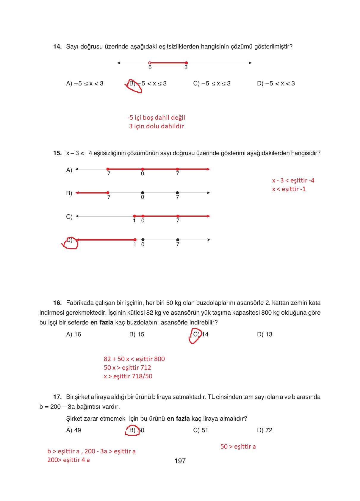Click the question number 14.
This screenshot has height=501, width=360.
pos(57,46)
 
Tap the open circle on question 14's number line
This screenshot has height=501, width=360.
pos(150,63)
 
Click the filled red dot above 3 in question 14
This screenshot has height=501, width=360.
pos(186,63)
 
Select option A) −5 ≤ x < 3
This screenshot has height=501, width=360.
pos(84,84)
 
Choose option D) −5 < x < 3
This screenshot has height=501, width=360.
pos(276,84)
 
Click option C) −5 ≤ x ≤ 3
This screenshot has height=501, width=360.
pos(212,84)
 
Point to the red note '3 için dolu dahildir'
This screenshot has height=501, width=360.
pos(156,126)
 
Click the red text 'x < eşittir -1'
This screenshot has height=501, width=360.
pos(289,189)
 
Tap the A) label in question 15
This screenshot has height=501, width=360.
pos(69,170)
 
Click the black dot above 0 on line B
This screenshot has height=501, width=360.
pos(143,193)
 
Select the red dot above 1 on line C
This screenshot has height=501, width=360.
pos(134,216)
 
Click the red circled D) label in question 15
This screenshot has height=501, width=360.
pos(70,241)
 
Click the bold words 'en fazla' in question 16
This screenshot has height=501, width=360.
pos(102,322)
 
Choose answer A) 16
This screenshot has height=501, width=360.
pos(73,334)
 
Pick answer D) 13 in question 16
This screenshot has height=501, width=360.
pos(264,334)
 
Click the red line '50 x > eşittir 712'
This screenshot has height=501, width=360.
pos(127,368)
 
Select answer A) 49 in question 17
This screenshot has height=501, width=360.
pos(73,430)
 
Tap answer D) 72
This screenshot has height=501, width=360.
pos(264,430)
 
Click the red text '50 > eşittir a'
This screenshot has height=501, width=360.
pos(238,447)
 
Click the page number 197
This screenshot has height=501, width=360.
pos(180,461)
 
